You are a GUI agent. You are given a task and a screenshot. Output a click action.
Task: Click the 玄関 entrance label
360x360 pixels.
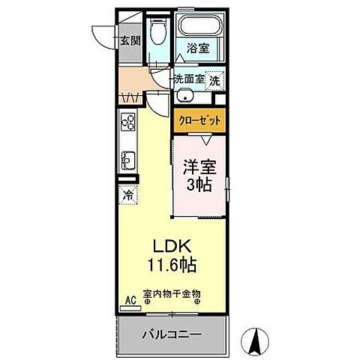[x=130, y=40]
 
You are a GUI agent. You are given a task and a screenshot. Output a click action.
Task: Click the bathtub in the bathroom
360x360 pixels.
[x=200, y=25]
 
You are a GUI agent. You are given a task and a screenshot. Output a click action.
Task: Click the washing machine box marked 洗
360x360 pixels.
[x=214, y=79]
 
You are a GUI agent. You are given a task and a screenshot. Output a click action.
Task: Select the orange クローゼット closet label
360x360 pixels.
[x=200, y=118]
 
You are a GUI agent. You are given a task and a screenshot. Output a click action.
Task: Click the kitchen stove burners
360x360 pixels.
[x=127, y=123]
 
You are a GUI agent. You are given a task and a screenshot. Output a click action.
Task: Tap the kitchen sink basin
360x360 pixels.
[x=127, y=159]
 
